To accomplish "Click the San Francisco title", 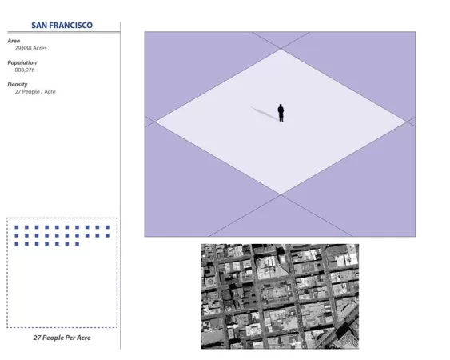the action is tap(62, 26).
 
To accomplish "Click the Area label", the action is tap(14, 41).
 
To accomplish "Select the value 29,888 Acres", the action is tap(30, 48).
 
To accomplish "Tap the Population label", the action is tap(22, 62).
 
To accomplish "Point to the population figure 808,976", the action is tap(25, 70).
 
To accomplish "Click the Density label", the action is tap(18, 85).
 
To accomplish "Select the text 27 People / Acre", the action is tap(35, 92).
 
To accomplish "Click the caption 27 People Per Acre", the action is tap(62, 338).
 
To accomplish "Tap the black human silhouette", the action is tap(281, 113).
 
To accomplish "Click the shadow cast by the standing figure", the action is tap(265, 113).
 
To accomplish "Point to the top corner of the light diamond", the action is tap(281, 49).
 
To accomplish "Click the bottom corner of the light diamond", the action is tap(281, 194).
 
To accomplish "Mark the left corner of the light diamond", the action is tap(155, 122).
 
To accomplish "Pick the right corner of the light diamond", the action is tap(406, 122).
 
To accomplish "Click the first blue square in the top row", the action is tap(17, 227).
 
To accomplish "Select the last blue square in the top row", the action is tap(107, 227).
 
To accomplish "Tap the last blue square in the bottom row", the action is tap(78, 244).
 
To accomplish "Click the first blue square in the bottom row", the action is tap(17, 244).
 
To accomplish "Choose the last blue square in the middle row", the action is tap(107, 235).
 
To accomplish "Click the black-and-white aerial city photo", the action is tap(280, 296).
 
